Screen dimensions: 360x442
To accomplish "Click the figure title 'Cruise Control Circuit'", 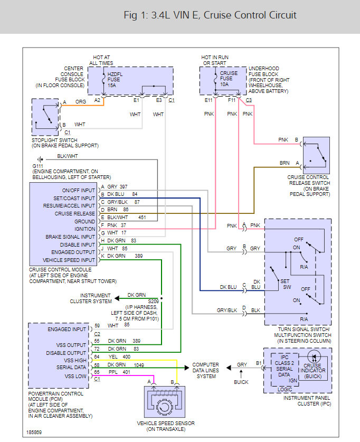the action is tap(250, 15).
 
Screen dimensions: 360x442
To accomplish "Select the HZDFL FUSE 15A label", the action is tap(115, 80).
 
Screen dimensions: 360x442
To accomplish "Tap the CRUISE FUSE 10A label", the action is tap(229, 79).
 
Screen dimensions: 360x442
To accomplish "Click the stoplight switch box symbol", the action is tap(45, 117).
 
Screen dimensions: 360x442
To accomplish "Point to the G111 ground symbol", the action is tap(40, 159).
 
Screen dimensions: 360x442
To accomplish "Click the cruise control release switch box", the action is tap(316, 155).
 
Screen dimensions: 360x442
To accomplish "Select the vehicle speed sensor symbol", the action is tap(165, 402).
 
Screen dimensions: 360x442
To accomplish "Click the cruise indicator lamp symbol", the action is tap(314, 357).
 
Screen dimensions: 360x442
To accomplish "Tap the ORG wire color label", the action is tap(81, 101).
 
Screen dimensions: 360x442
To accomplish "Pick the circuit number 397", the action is tap(124, 186).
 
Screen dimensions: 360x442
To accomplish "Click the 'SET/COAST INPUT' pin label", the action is tap(74, 198).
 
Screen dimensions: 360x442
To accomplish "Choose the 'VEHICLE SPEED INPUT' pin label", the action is tap(69, 260).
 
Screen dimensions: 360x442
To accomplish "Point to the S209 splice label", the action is tap(154, 301).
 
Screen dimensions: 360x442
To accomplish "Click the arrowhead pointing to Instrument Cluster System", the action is tap(117, 298).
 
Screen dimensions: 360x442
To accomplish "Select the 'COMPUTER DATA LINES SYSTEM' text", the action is tap(206, 370).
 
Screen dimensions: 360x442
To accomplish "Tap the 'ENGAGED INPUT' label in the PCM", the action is tap(67, 329).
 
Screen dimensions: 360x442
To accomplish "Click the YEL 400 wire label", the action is tap(119, 356).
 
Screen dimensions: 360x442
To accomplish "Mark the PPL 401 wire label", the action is tap(119, 372).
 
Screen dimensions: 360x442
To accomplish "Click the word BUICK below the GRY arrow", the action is tap(241, 382).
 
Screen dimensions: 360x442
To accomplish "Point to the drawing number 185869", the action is tap(34, 432).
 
